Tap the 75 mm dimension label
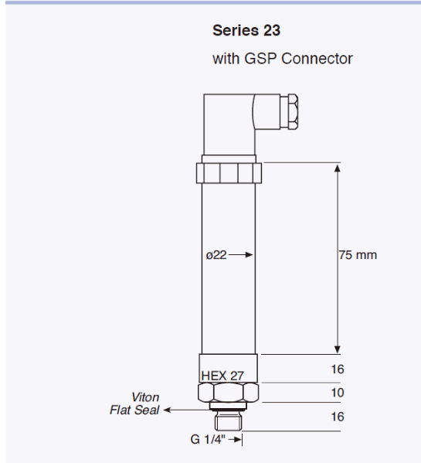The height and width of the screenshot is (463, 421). [358, 255]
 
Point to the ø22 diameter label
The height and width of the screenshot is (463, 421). [216, 255]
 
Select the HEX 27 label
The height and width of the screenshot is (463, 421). [222, 375]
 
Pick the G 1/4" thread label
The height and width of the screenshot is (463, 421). [207, 440]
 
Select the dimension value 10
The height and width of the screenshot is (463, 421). [337, 393]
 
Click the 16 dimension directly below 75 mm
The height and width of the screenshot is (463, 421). [337, 369]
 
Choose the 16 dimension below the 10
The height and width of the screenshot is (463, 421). [337, 416]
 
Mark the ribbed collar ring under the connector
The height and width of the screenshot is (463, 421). [229, 172]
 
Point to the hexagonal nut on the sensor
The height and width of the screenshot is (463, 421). [229, 393]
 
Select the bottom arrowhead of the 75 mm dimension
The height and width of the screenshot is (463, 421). [337, 349]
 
